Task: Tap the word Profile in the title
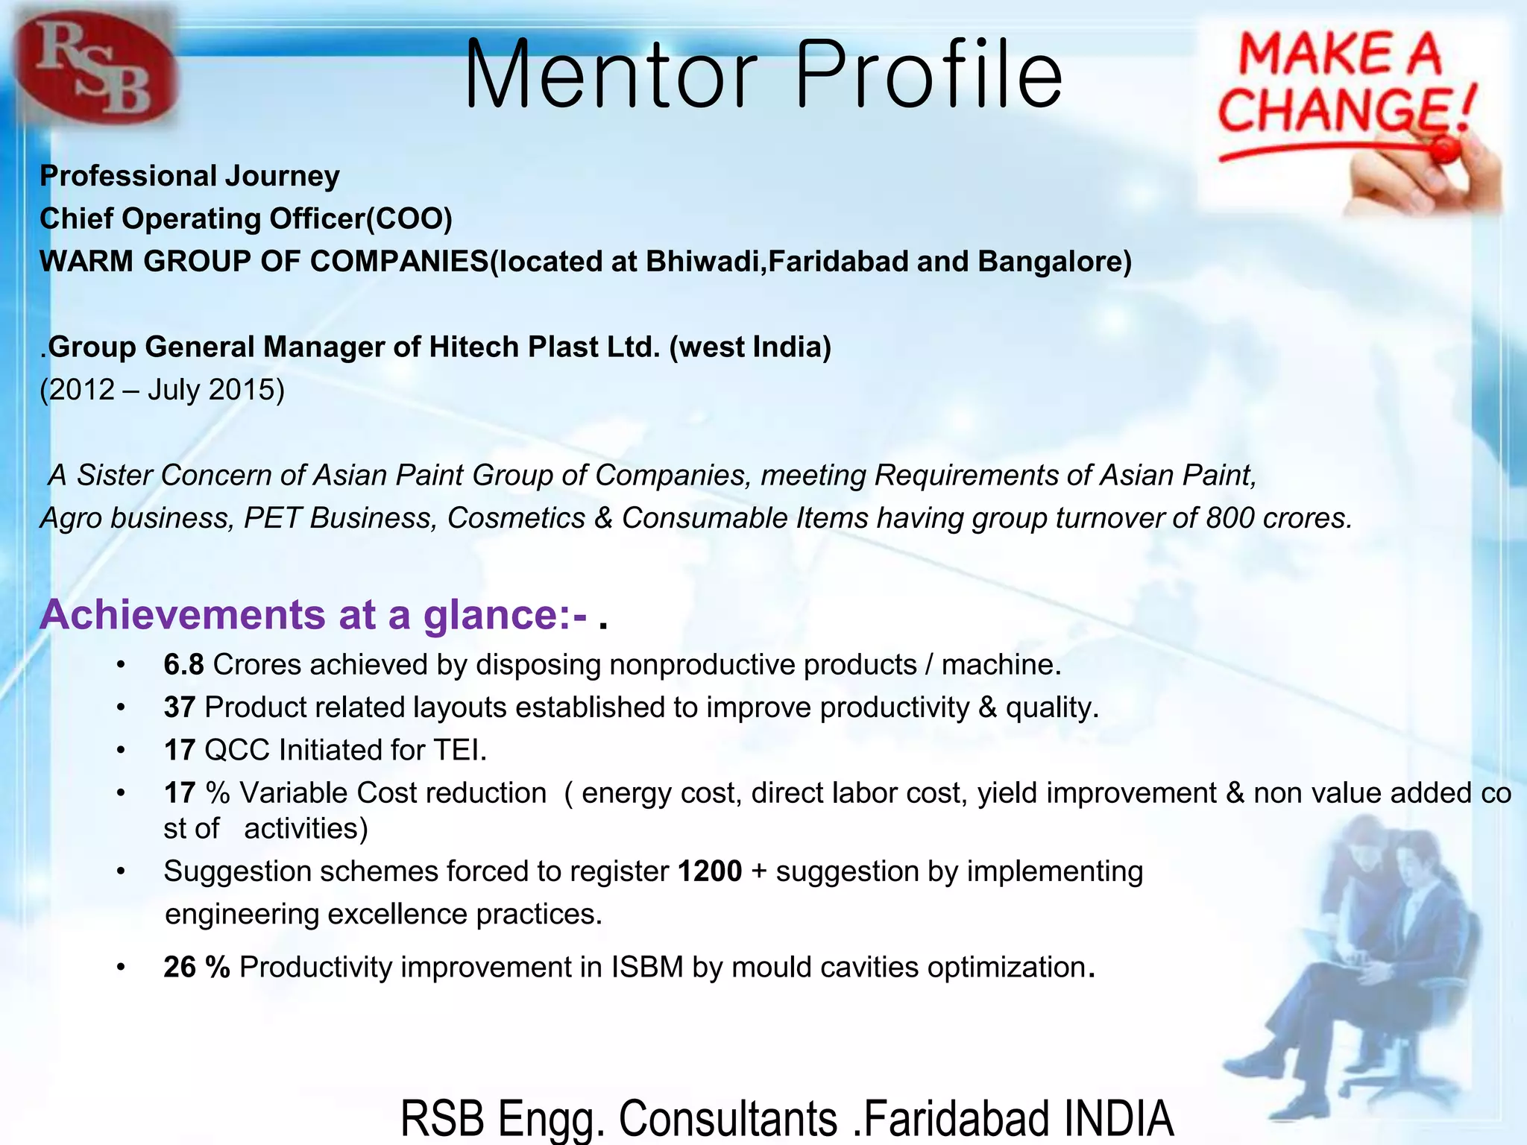928,75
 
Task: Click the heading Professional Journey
189,176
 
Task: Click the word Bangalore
1054,261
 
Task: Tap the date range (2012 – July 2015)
162,389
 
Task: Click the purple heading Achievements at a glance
313,615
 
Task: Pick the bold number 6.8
183,664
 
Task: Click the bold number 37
179,707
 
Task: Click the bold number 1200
710,871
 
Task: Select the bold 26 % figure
197,967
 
